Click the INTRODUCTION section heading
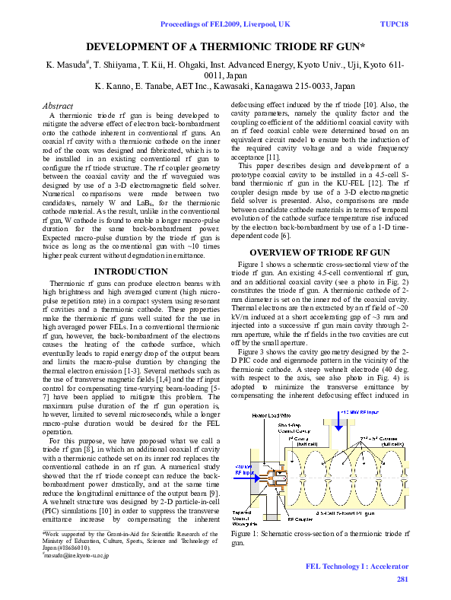click(x=130, y=271)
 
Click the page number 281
click(x=402, y=579)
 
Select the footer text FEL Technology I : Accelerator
click(x=357, y=567)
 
